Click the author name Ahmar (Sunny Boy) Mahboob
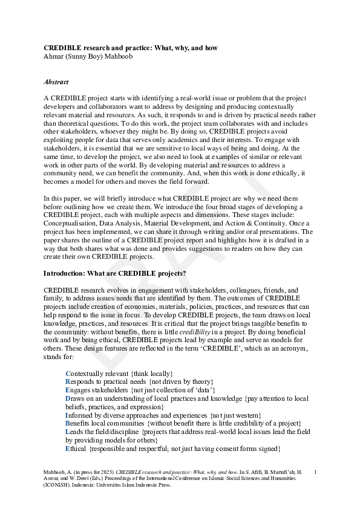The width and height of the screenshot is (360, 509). pos(88,56)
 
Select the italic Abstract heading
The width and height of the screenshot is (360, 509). pos(56,82)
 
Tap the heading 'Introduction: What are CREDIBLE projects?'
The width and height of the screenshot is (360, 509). pos(114,273)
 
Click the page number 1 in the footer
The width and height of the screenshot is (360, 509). pos(315,470)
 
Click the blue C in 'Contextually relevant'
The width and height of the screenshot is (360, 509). pos(68,374)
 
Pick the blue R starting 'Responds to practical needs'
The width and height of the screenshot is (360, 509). pos(68,382)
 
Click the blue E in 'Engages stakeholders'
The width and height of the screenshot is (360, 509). pos(68,391)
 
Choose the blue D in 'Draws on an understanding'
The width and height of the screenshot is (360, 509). pos(68,399)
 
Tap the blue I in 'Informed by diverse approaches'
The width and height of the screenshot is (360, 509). pos(67,416)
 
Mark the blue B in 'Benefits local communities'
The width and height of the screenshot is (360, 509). pos(68,424)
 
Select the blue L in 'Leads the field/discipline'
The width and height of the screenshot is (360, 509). pos(68,433)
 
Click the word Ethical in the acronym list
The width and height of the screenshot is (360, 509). pos(76,449)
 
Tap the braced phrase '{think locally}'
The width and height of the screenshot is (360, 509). pos(152,374)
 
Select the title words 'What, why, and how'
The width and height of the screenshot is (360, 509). pos(188,48)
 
